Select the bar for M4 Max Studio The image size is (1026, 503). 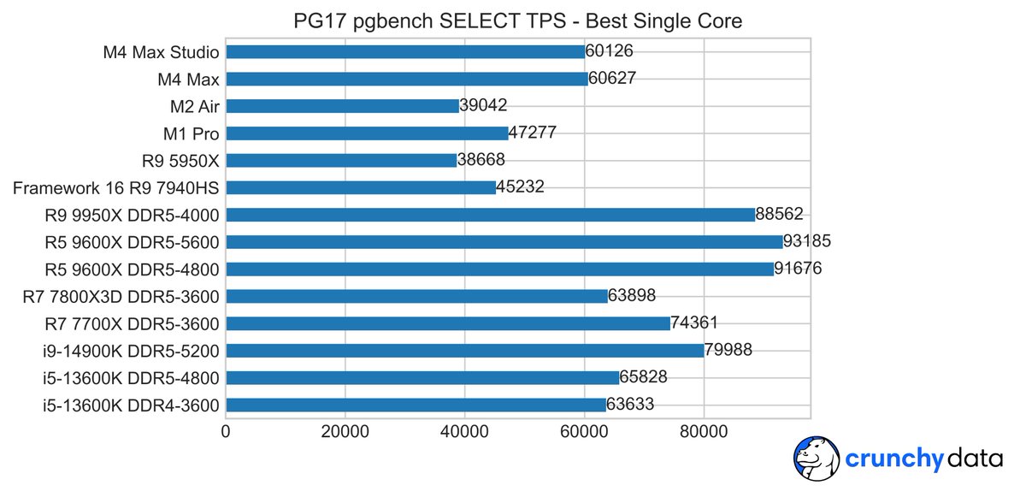404,52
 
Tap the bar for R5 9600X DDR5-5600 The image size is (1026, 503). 504,242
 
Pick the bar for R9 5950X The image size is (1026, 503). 341,160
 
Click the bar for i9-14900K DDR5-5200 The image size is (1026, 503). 464,351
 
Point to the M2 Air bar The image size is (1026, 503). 342,106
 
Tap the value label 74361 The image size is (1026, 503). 694,323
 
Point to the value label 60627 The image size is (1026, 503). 612,80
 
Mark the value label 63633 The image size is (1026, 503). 630,405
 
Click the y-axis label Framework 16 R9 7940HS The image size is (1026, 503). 115,187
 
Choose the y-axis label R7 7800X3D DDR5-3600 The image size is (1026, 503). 121,297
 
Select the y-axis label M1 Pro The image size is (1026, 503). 191,133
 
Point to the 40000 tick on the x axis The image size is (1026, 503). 464,433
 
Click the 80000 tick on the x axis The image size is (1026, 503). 704,433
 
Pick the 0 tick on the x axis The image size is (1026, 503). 226,433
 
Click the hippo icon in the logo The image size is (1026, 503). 816,459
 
